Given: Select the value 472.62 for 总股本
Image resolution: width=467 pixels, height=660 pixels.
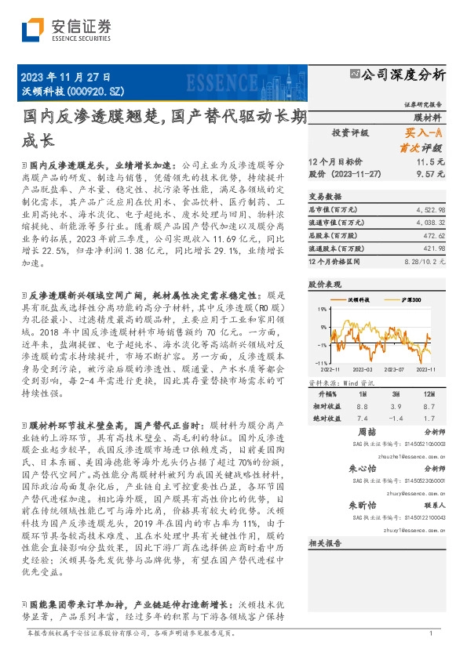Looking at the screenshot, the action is pos(434,234).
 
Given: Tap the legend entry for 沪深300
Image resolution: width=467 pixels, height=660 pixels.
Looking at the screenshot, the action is pos(409,299).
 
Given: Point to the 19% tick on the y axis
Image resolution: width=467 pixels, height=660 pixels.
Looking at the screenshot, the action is pos(323,310).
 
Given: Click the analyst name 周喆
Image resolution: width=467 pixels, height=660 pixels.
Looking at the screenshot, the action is pos(367,432).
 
